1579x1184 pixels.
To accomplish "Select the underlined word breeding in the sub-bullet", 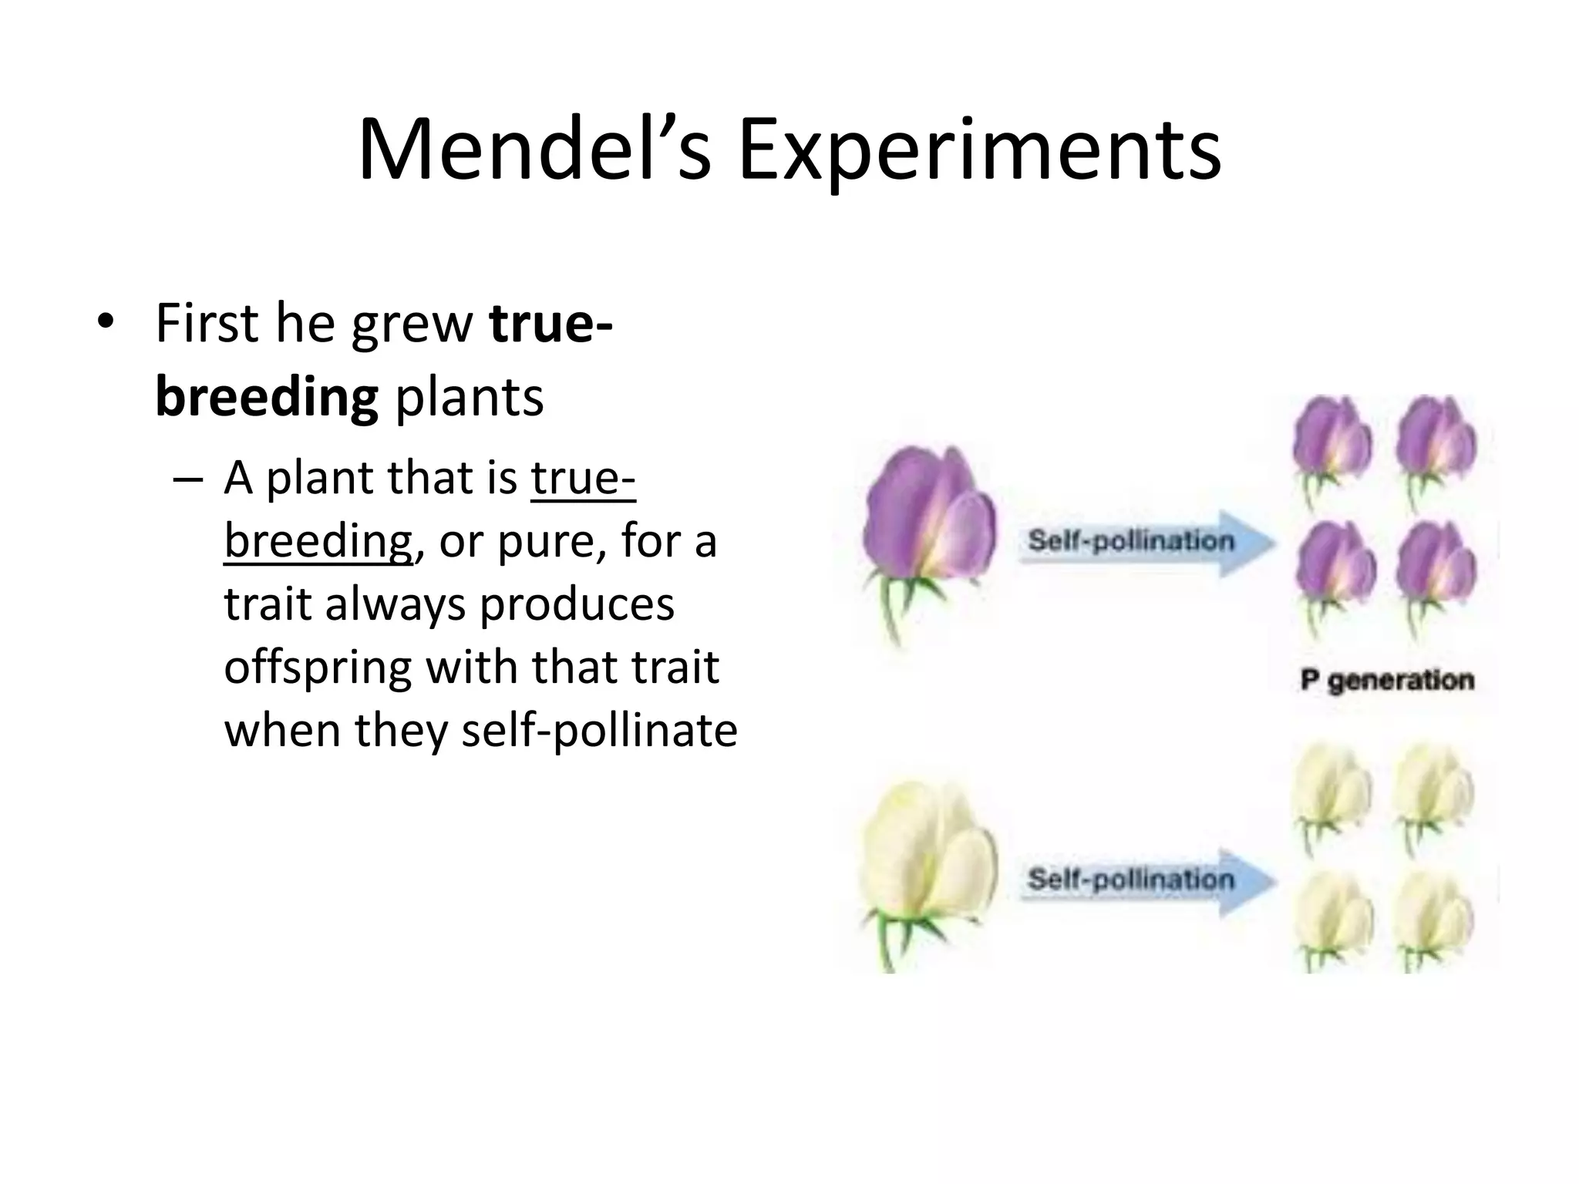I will [318, 541].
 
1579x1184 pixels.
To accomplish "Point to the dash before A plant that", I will [189, 479].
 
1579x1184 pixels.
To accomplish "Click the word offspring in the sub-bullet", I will [317, 668].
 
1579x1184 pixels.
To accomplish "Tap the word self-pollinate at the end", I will [599, 730].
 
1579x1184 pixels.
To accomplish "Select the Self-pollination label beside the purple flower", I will [1130, 540].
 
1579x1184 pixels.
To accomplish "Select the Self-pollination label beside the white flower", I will [1130, 879].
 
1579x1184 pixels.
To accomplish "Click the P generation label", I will [1387, 681].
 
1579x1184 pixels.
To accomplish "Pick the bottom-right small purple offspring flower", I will [1436, 567].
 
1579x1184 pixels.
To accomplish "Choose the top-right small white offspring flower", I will [1434, 790].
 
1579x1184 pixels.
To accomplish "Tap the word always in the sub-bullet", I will [395, 604].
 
